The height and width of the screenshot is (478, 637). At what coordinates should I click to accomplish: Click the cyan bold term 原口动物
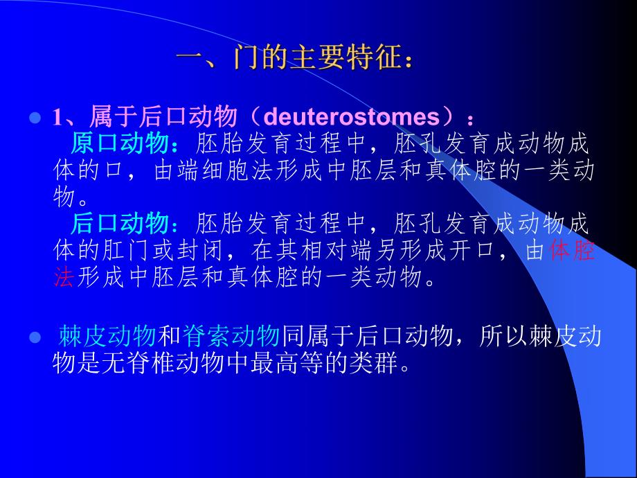119,144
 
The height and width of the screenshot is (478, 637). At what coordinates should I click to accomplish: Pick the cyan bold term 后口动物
119,224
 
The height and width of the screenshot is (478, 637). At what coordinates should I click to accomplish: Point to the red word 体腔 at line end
572,251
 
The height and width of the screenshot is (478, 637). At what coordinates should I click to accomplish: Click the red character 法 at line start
63,278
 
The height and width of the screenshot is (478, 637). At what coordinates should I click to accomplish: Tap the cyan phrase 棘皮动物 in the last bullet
107,337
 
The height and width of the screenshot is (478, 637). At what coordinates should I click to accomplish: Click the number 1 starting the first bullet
57,116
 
